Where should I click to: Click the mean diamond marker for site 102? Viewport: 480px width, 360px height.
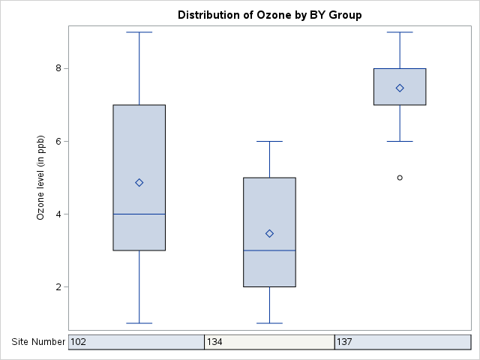click(139, 183)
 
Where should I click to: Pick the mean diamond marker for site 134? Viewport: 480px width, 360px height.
click(269, 234)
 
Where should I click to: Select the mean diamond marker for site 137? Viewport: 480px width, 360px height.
click(400, 88)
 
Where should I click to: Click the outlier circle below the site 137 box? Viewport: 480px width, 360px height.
click(400, 178)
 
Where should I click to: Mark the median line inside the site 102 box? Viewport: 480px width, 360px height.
click(139, 214)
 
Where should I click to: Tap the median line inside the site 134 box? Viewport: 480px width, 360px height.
click(269, 250)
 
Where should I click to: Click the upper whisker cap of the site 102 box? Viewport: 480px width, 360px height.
click(139, 32)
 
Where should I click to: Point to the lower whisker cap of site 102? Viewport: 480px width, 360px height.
click(139, 323)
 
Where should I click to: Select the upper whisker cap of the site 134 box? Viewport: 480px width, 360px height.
click(269, 141)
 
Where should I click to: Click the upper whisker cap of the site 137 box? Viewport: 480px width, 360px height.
click(400, 32)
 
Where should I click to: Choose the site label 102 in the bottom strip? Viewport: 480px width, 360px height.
click(79, 342)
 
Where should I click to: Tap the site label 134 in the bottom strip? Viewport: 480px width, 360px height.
click(215, 342)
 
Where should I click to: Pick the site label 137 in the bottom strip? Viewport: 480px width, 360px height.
click(345, 342)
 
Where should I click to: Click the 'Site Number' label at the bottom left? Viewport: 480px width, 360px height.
click(38, 342)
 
